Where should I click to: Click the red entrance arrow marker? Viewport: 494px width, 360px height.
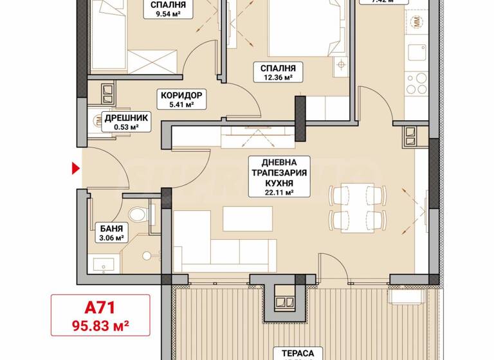coord(75,169)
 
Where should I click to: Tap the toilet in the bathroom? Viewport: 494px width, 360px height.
coord(136,215)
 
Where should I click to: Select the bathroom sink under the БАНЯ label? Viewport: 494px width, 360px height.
coord(104,264)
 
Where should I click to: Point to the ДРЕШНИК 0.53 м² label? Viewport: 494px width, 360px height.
coord(127,122)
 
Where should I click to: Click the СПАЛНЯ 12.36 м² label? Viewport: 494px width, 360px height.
coord(278,73)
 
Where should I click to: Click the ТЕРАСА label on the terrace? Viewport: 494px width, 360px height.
coord(297,353)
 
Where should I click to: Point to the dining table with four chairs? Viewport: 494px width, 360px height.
coord(351,204)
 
